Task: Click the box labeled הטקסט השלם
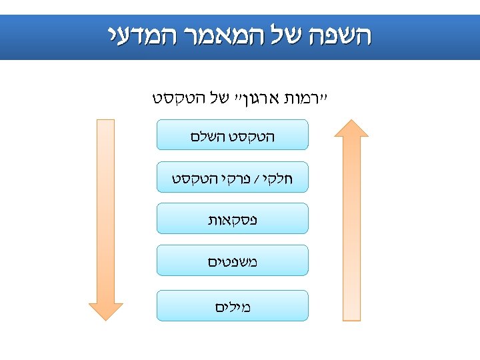click(x=232, y=135)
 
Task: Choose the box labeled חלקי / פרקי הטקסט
click(x=232, y=177)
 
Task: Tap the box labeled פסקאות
click(x=232, y=218)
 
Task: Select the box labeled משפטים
click(x=232, y=260)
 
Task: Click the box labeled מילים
click(x=232, y=305)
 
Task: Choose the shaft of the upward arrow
click(x=351, y=227)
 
